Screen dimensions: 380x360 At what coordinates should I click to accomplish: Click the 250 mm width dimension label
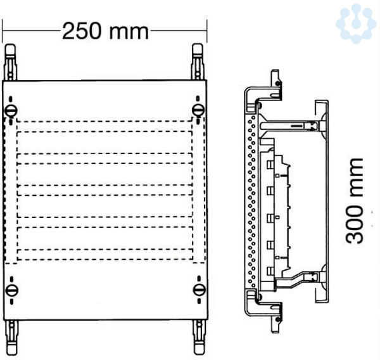pyautogui.click(x=105, y=31)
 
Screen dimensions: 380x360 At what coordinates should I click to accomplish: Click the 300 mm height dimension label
pyautogui.click(x=354, y=201)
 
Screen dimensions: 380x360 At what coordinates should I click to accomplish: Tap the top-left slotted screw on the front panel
pyautogui.click(x=11, y=111)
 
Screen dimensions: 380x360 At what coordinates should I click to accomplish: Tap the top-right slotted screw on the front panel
pyautogui.click(x=198, y=110)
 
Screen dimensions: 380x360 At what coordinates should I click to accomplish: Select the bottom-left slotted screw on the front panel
pyautogui.click(x=11, y=290)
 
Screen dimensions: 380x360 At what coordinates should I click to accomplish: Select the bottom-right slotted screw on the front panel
pyautogui.click(x=199, y=290)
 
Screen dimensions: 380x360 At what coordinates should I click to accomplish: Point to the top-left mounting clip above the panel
pyautogui.click(x=10, y=62)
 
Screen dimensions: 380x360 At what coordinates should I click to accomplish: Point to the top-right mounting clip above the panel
pyautogui.click(x=197, y=61)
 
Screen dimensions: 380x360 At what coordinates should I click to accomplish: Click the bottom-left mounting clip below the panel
pyautogui.click(x=11, y=337)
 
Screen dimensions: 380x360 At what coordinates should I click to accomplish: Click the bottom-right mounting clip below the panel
pyautogui.click(x=199, y=337)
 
